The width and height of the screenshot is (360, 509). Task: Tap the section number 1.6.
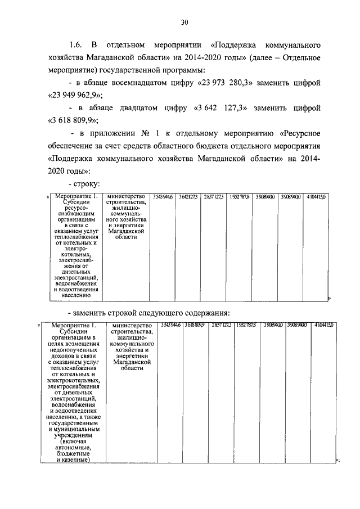click(x=76, y=44)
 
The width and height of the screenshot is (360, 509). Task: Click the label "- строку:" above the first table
click(x=84, y=183)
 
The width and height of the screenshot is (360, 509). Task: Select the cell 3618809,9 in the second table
click(x=190, y=326)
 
